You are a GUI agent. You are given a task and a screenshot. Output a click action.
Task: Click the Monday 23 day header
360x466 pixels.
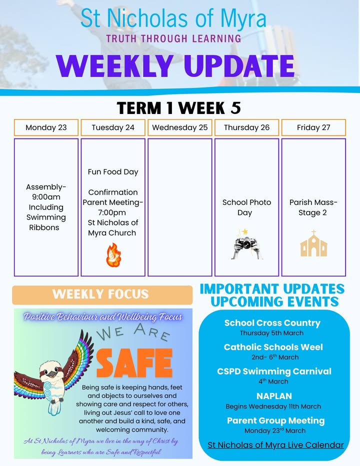(x=46, y=127)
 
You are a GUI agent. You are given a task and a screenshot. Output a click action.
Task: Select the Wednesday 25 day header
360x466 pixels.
(x=180, y=127)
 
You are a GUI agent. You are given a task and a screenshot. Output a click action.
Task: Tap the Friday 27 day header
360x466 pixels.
(x=313, y=127)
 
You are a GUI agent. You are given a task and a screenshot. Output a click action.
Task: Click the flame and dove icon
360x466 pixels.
(x=113, y=254)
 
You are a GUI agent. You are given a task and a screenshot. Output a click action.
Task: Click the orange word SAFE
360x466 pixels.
(x=134, y=363)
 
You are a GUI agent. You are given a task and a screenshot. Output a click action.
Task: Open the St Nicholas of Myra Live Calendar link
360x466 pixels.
(x=275, y=445)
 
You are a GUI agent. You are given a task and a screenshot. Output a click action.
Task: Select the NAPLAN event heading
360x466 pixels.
(x=274, y=396)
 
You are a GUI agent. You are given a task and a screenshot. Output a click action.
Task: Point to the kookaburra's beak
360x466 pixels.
(x=53, y=374)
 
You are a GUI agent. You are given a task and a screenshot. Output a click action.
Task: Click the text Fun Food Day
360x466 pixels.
(x=113, y=172)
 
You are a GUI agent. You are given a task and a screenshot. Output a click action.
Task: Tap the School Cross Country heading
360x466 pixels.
(x=272, y=323)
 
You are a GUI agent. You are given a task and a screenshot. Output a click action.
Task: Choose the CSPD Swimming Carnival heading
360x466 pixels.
(x=274, y=371)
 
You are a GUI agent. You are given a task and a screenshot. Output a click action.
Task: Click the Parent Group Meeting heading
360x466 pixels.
(x=276, y=420)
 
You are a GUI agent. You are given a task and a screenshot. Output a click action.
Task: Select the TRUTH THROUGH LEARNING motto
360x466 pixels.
(x=173, y=38)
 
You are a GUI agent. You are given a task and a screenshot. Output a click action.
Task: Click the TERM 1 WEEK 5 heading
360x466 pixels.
(x=179, y=107)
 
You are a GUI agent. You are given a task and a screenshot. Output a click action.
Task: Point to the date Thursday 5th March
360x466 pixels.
(x=271, y=333)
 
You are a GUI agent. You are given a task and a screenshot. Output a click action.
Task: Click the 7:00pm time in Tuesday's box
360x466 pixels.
(x=112, y=212)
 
